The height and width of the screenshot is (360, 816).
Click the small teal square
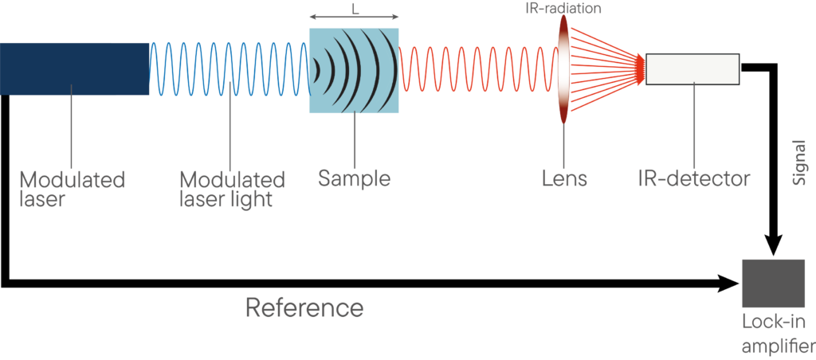tap(169, 179)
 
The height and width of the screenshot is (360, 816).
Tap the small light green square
tap(314, 179)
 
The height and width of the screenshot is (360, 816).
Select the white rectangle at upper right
tap(692, 68)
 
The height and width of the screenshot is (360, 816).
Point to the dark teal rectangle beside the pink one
tap(669, 147)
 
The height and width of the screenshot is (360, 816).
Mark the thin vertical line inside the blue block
tap(231, 127)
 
